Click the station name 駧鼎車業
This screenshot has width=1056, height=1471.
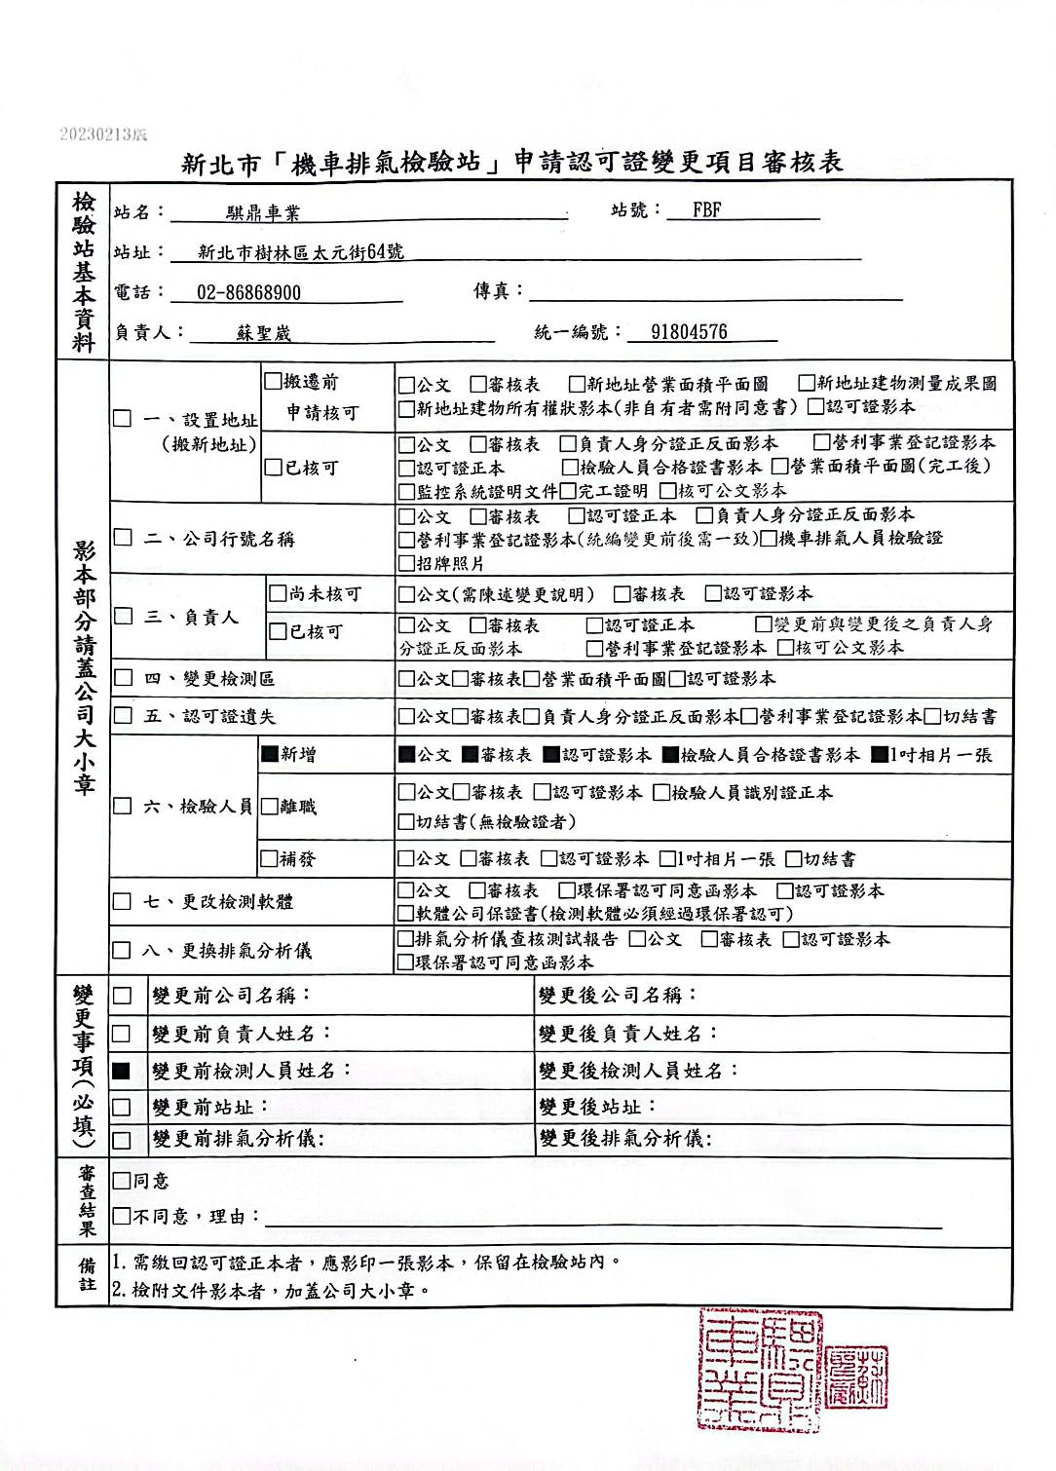tap(263, 212)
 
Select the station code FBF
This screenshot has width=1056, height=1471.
tap(706, 209)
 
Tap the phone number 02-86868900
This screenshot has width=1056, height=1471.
tap(248, 292)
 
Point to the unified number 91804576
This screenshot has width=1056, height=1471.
tap(689, 332)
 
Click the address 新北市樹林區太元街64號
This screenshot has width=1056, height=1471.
tap(300, 252)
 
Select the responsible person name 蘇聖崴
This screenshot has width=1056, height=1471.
tap(263, 333)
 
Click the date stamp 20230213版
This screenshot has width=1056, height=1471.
tap(103, 133)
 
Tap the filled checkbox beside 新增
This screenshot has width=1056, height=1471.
tap(270, 754)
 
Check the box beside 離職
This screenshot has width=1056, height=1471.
tap(270, 807)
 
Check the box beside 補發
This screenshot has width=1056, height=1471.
tap(270, 859)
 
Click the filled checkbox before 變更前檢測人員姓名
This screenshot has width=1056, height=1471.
tap(122, 1071)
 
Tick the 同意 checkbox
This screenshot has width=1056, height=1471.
tap(122, 1181)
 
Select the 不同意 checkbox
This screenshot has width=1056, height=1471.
tap(122, 1216)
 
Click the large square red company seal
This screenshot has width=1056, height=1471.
tap(760, 1370)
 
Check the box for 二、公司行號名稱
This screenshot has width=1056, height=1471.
tap(123, 538)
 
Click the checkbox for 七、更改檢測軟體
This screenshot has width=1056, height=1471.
tap(122, 901)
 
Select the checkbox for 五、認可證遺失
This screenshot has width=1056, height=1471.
tap(123, 716)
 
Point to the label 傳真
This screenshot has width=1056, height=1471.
tap(498, 291)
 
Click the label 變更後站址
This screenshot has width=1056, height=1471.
tap(597, 1107)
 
